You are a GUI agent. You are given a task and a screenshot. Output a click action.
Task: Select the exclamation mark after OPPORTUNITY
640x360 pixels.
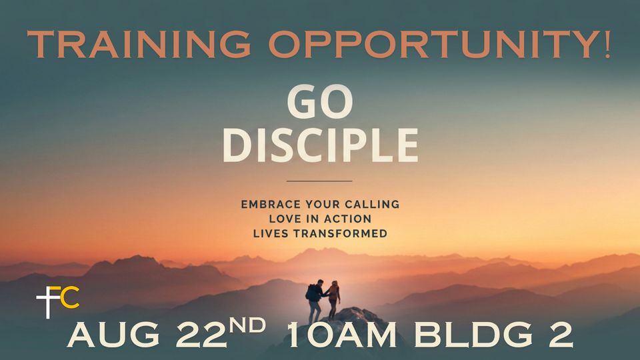(x=607, y=44)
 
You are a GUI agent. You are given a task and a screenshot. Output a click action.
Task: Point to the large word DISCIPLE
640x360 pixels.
(x=321, y=145)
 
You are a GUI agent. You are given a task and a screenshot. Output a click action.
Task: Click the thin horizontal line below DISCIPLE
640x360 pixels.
(x=319, y=181)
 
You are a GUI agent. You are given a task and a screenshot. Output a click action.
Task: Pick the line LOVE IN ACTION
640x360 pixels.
(x=321, y=219)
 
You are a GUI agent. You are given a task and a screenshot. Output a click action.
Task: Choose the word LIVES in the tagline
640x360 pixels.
(x=271, y=233)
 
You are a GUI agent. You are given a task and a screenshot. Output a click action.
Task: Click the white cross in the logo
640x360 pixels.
(x=48, y=303)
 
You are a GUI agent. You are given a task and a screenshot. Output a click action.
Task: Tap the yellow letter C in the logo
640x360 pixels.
(x=70, y=299)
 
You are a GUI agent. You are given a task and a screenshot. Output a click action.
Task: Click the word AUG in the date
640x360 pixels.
(x=113, y=335)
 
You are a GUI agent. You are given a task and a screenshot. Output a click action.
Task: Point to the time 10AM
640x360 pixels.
(x=341, y=335)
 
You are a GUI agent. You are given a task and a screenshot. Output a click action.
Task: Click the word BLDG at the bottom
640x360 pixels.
(x=473, y=335)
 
